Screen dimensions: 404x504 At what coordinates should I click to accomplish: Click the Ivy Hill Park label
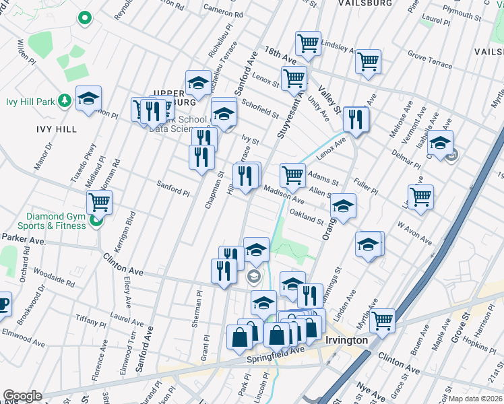coord(30,102)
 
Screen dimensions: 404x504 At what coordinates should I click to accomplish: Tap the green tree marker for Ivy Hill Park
coord(65,101)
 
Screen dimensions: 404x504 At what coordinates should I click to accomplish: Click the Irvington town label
coord(346,340)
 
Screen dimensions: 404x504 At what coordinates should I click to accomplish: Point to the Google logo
coord(22,396)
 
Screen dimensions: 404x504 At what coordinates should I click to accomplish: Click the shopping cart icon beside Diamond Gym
coord(99,201)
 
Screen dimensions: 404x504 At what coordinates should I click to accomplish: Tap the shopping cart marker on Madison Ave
coord(292,175)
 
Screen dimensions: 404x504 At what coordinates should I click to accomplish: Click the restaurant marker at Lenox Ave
coord(354,119)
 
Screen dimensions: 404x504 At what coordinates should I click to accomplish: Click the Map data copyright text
coord(476,399)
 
